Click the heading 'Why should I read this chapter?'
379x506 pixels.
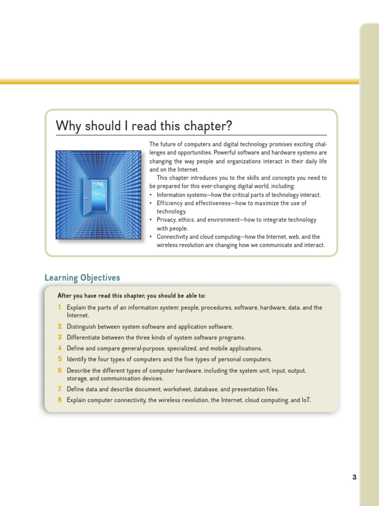coord(144,126)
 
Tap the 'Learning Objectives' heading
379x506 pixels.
coord(82,278)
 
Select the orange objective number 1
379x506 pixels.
coord(60,307)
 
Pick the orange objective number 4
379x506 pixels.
coord(60,348)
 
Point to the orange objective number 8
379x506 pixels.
coord(60,400)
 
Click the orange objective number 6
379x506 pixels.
coord(60,370)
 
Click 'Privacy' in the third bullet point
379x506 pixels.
coord(167,220)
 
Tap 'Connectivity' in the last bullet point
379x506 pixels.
coord(173,237)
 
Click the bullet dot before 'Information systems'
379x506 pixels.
coord(151,195)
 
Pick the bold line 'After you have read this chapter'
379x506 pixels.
coord(131,296)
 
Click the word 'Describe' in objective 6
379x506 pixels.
coord(78,371)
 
